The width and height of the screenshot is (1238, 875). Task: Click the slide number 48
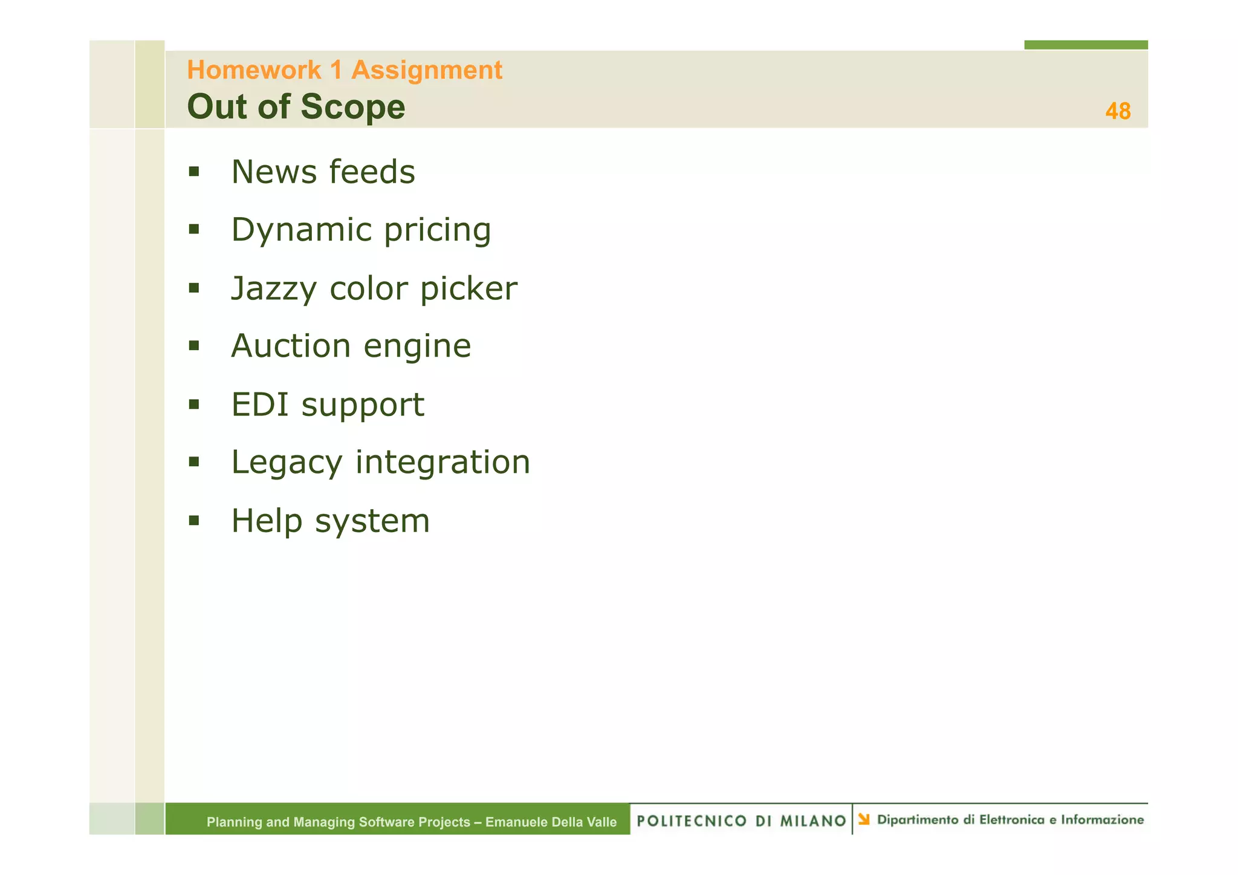click(1117, 111)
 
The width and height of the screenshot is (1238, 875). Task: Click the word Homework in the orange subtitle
click(254, 70)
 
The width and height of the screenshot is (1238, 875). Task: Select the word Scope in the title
click(353, 107)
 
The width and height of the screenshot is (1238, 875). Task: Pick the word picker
click(468, 289)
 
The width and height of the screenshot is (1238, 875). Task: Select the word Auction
click(291, 346)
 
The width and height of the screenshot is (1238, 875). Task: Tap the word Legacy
click(287, 463)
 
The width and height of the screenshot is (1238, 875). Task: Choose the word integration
click(442, 463)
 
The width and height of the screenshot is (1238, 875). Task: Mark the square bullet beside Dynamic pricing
click(193, 229)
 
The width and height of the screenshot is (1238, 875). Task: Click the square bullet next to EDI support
click(193, 404)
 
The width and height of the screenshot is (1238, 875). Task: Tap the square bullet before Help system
click(193, 520)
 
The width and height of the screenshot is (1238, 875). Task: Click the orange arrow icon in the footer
click(864, 819)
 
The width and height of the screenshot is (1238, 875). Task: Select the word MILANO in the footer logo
click(812, 821)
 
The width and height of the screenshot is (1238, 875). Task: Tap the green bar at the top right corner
click(1085, 45)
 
